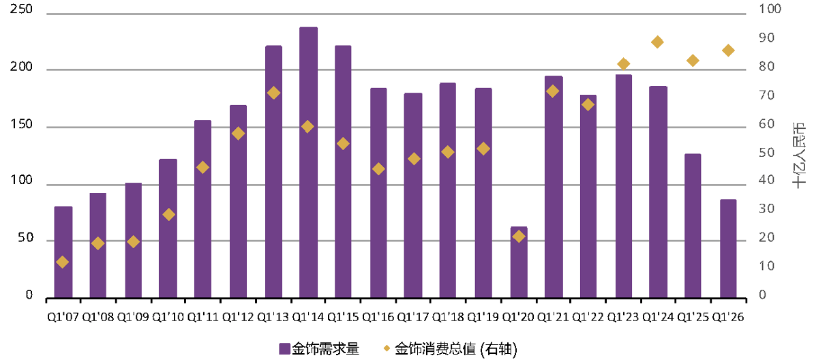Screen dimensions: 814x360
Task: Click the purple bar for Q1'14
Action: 308,162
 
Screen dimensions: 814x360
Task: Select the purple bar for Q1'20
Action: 519,262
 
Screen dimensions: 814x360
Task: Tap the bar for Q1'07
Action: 63,252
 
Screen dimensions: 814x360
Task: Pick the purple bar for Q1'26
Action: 728,249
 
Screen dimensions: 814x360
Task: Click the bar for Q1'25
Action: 693,226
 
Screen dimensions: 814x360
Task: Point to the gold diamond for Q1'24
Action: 657,42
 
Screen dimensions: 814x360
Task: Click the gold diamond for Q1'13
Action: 273,93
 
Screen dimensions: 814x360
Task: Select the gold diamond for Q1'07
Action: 62,262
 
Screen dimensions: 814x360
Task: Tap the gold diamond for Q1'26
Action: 728,50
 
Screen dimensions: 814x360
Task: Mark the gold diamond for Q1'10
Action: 168,215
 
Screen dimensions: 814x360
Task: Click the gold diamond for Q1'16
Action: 379,169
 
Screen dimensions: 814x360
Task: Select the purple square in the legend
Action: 284,348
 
